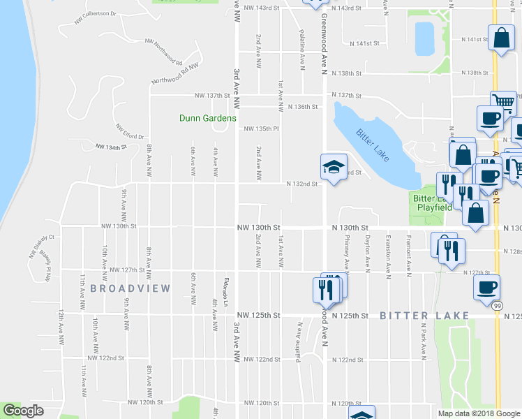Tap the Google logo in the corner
click(23, 411)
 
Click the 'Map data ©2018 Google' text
click(478, 413)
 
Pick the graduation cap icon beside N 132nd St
click(332, 167)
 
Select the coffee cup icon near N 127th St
click(486, 286)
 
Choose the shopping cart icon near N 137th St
click(502, 103)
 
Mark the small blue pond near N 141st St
click(424, 38)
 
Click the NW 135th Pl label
click(261, 128)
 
